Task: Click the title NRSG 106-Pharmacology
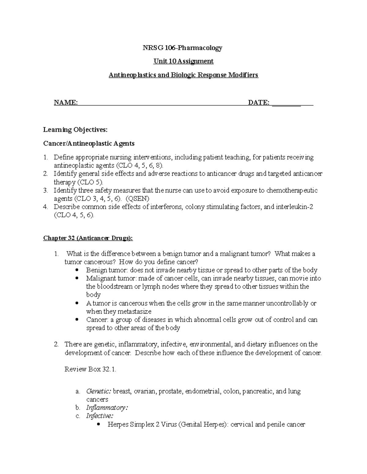point(183,48)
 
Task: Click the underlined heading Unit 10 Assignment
point(183,61)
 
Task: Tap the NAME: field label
point(66,103)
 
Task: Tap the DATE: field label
point(259,103)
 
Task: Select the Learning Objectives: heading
point(75,130)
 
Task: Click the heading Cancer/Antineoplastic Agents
point(89,143)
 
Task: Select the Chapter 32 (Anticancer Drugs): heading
point(88,238)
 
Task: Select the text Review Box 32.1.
point(91,369)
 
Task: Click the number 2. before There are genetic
point(56,344)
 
